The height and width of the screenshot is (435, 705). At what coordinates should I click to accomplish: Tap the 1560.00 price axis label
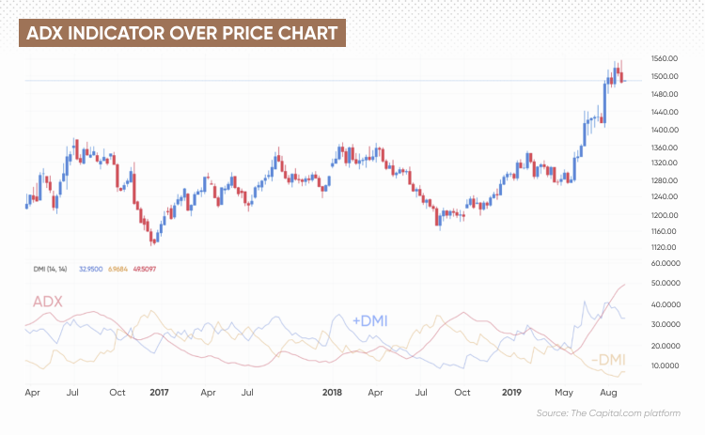[666, 57]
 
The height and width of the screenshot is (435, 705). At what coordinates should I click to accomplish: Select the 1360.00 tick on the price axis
[666, 148]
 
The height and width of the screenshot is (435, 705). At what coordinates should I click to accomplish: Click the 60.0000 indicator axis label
[666, 263]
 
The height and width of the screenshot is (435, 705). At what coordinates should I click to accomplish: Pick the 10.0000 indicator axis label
[666, 365]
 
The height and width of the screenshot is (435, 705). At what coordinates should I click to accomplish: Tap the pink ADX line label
[48, 302]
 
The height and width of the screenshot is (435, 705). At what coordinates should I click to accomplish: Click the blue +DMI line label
[370, 320]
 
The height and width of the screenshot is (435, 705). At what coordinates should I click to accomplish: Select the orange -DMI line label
[608, 361]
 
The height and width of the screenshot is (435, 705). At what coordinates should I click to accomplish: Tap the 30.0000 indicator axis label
[666, 325]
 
